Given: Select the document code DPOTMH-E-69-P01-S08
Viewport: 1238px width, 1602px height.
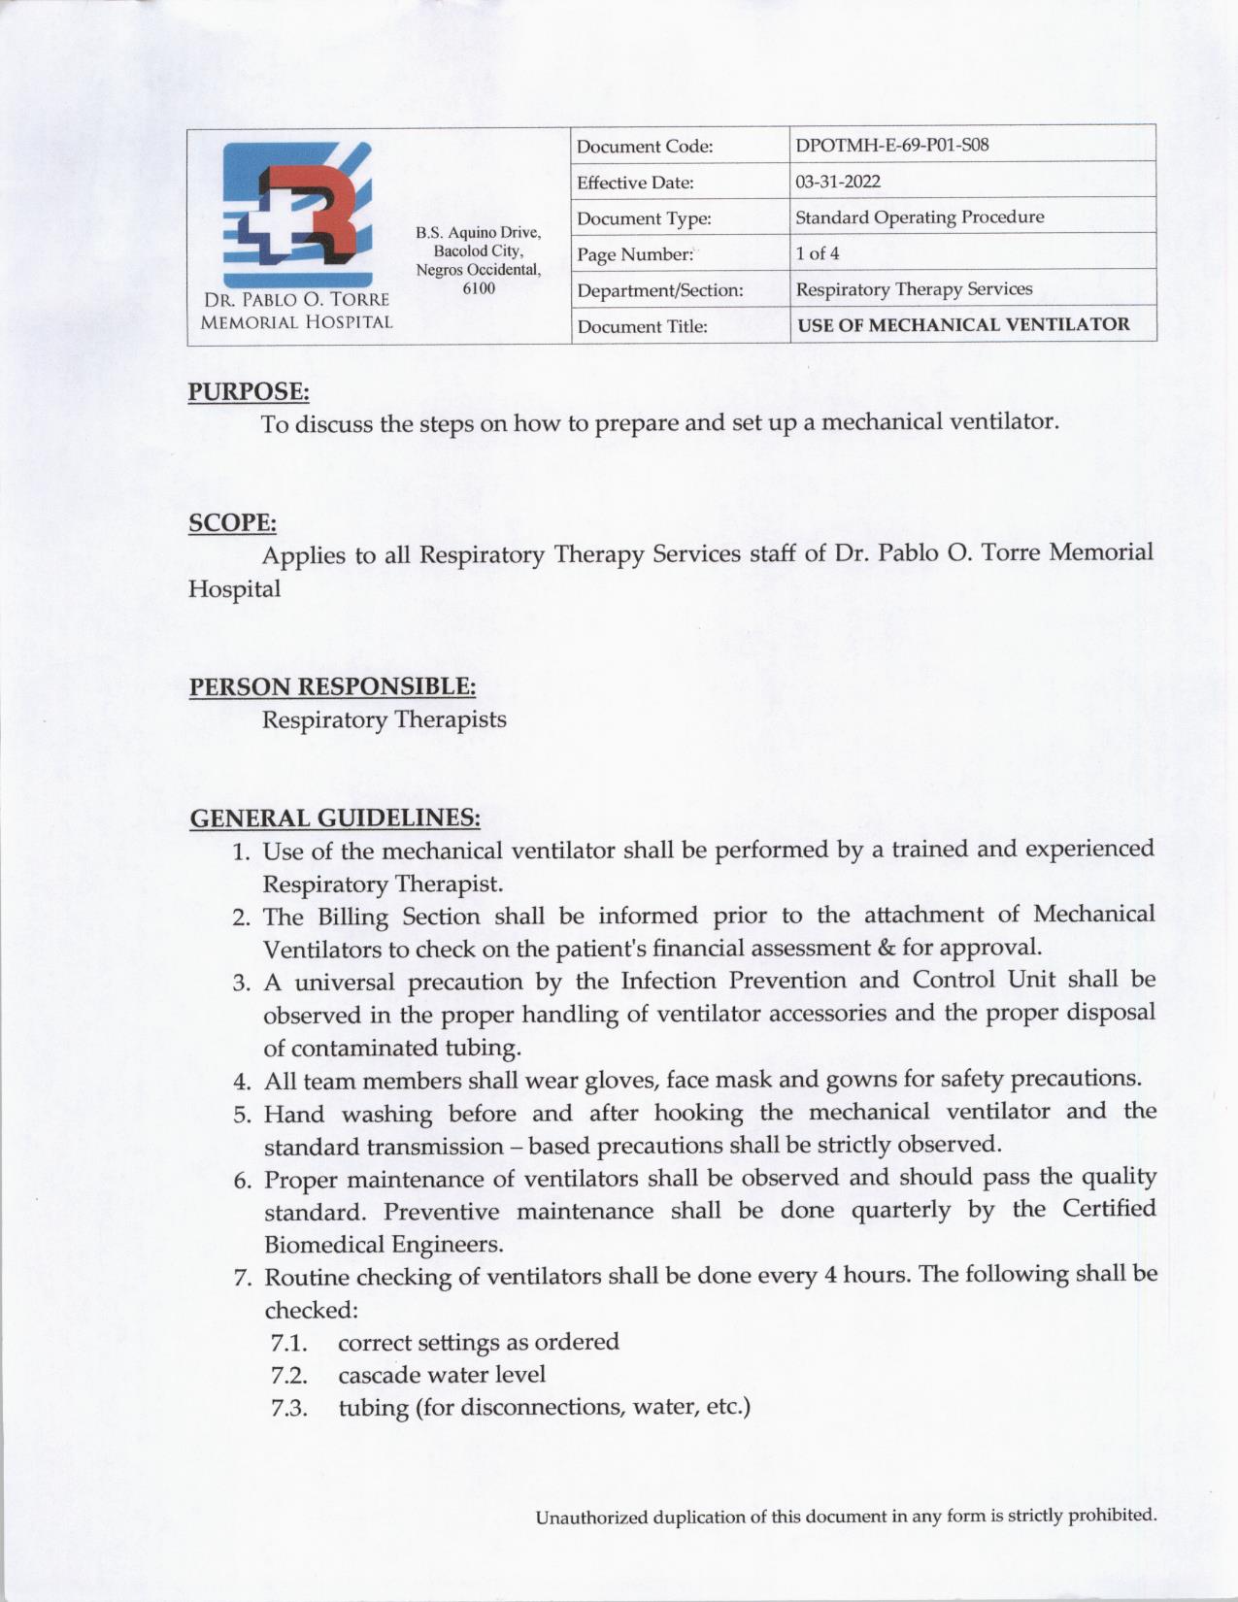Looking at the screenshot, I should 891,147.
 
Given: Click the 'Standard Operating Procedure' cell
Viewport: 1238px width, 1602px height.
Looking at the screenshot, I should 920,217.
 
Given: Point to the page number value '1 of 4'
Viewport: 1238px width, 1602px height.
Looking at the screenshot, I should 818,254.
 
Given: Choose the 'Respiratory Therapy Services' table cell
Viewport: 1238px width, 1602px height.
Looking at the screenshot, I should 914,289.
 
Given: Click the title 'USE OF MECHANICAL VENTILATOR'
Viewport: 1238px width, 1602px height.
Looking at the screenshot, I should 963,325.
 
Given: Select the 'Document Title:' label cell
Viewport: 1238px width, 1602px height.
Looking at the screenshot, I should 642,326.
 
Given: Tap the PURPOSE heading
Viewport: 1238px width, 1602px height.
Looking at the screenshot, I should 249,392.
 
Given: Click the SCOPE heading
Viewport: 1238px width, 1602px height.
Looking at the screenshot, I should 232,523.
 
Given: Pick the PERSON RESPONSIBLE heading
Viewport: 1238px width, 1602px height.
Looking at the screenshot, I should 332,687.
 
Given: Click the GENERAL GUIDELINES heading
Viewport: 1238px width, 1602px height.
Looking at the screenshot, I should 334,818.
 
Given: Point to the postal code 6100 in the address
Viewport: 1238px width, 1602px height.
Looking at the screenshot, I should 479,288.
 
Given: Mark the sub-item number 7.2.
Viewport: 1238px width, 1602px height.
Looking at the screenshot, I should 289,1376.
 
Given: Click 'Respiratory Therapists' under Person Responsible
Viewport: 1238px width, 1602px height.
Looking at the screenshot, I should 385,720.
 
